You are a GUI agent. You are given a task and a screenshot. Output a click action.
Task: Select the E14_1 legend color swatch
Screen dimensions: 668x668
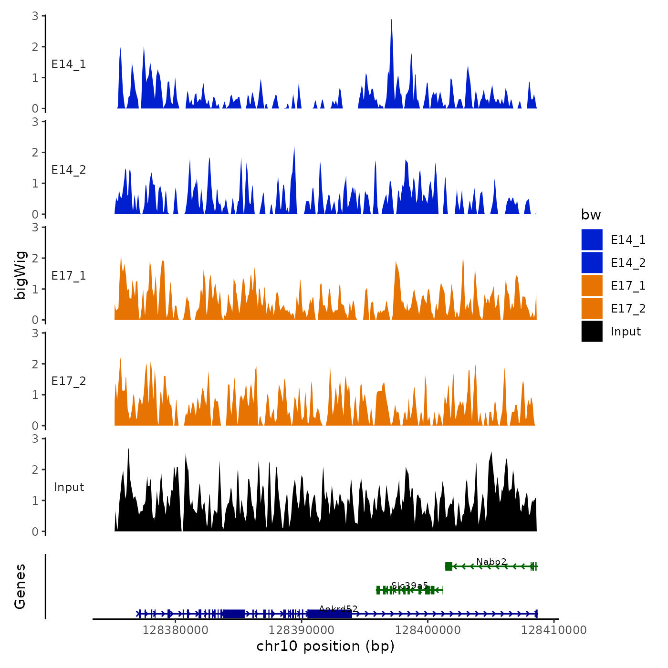[x=592, y=240]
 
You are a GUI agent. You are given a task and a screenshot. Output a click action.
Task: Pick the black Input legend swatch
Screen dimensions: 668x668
[x=592, y=331]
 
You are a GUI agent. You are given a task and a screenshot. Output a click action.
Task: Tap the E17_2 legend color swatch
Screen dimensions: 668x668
[x=592, y=308]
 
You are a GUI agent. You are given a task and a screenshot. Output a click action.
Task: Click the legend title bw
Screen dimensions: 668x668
[x=591, y=215]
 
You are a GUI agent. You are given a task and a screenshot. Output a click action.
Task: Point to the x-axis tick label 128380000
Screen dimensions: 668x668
[x=175, y=630]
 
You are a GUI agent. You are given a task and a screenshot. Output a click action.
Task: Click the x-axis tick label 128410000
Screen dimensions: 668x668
[x=553, y=630]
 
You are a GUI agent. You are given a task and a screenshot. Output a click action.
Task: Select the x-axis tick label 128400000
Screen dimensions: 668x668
[x=428, y=630]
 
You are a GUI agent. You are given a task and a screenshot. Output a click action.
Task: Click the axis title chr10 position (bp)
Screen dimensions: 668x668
[x=325, y=646]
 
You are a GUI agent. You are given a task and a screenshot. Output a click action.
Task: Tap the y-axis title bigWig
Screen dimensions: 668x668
[x=20, y=275]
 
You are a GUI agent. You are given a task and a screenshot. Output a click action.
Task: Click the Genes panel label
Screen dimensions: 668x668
[x=20, y=586]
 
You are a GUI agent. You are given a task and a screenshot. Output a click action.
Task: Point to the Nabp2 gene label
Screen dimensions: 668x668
[x=491, y=562]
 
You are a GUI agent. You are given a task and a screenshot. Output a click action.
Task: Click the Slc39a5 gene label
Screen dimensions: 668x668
[x=409, y=585]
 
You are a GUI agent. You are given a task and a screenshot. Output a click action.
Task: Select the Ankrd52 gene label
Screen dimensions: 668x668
[x=338, y=609]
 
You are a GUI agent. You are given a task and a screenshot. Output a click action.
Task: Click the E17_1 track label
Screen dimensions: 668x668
[x=69, y=276]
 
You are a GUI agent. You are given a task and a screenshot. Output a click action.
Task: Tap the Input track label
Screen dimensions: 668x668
[x=69, y=487]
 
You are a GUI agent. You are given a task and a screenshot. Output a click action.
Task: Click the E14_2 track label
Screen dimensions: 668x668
[x=69, y=170]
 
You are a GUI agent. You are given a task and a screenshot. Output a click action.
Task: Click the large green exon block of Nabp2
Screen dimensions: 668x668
[x=449, y=566]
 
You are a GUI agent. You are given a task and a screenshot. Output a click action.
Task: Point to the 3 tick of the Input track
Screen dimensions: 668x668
[x=35, y=439]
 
